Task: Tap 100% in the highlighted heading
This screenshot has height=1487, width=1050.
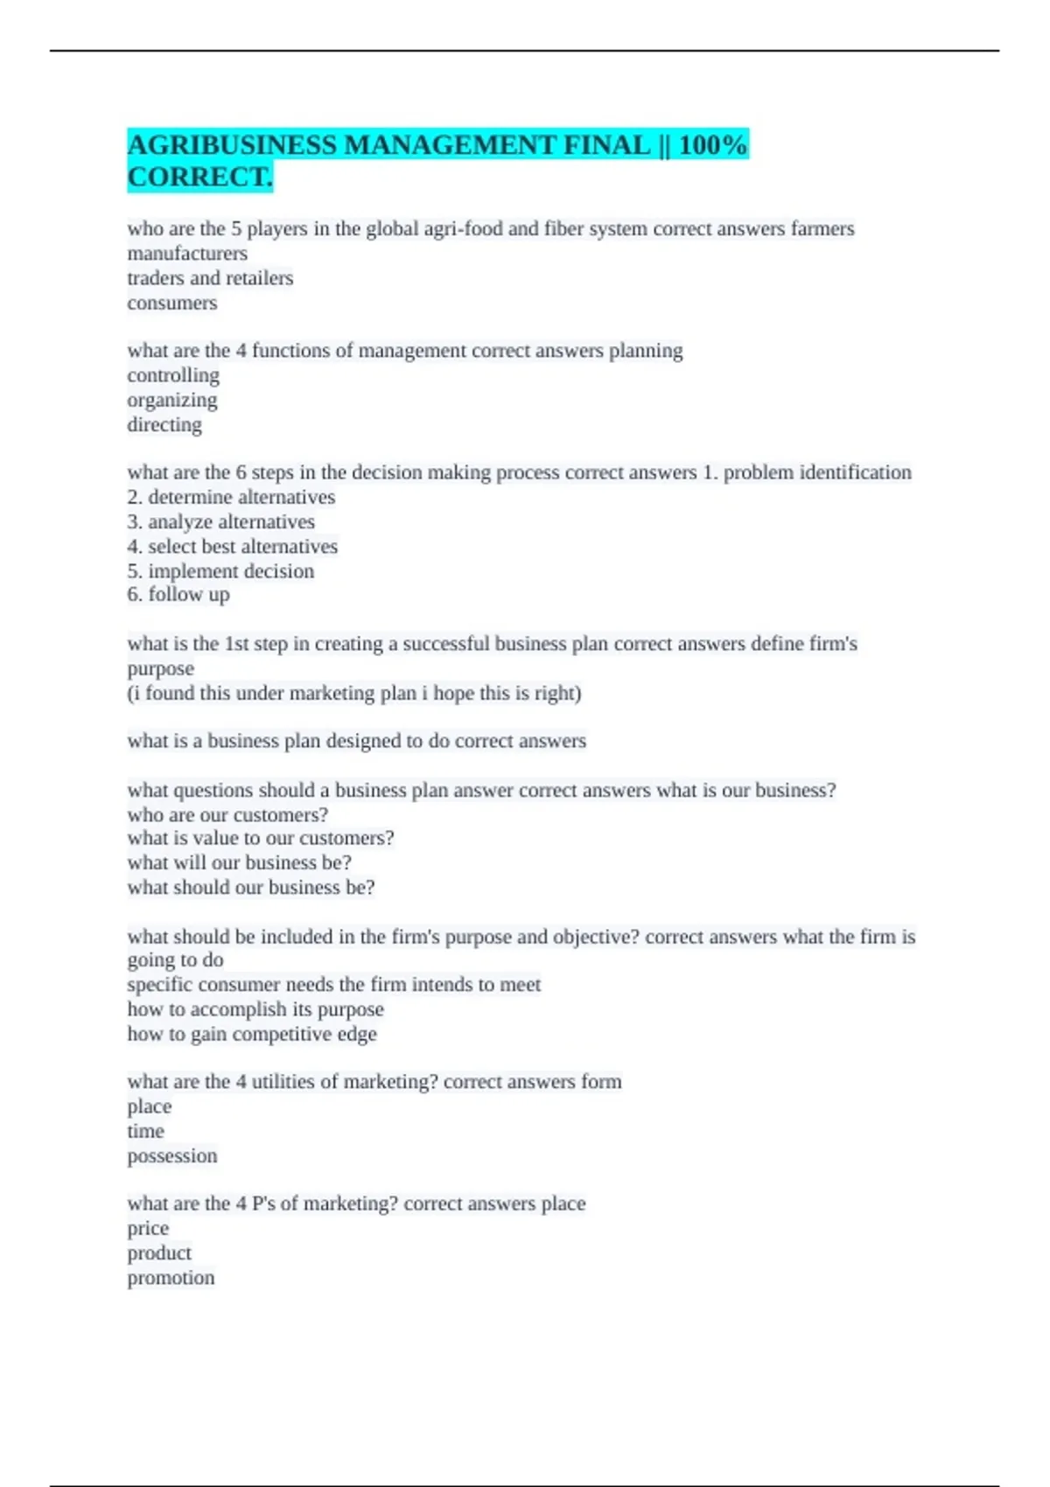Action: [x=712, y=144]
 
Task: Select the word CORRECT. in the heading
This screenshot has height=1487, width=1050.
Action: [x=200, y=177]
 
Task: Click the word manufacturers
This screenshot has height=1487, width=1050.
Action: [x=187, y=254]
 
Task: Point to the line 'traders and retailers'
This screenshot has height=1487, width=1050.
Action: [x=210, y=278]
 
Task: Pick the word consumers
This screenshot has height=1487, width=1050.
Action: [x=172, y=303]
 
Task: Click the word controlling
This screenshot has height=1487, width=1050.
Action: [x=173, y=375]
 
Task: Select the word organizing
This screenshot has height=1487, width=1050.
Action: [x=172, y=400]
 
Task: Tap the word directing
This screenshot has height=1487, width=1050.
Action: [x=164, y=424]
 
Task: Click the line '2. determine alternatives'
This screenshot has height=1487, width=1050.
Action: [x=231, y=497]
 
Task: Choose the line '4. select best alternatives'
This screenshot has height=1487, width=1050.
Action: [x=232, y=547]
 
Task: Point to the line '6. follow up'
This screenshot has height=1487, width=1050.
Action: [x=178, y=595]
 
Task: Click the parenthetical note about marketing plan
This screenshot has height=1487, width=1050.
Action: [x=354, y=693]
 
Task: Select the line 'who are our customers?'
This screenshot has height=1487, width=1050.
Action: [x=227, y=814]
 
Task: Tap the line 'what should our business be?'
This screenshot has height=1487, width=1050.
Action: [x=251, y=887]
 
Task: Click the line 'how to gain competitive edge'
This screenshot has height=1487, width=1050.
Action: [x=252, y=1034]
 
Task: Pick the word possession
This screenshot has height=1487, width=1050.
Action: [x=172, y=1155]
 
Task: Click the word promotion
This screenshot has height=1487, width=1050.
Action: [x=171, y=1278]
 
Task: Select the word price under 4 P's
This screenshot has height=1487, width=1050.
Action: [x=148, y=1228]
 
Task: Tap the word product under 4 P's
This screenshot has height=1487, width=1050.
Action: [x=159, y=1253]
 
